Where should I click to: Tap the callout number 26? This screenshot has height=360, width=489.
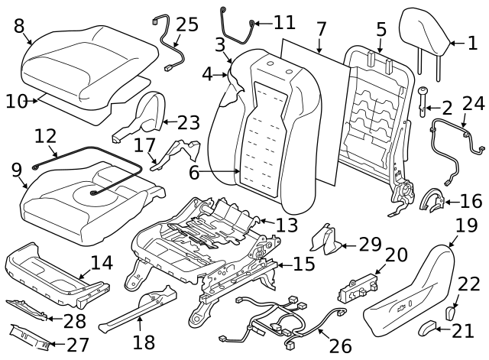(x=340, y=345)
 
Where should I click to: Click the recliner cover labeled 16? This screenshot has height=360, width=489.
(x=432, y=201)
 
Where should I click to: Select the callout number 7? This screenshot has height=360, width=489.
(x=321, y=30)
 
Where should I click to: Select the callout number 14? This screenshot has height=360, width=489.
(x=101, y=263)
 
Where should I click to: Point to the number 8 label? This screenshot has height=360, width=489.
(x=19, y=26)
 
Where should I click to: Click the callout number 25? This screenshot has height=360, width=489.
(x=186, y=24)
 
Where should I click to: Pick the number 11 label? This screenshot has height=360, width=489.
(x=283, y=22)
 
